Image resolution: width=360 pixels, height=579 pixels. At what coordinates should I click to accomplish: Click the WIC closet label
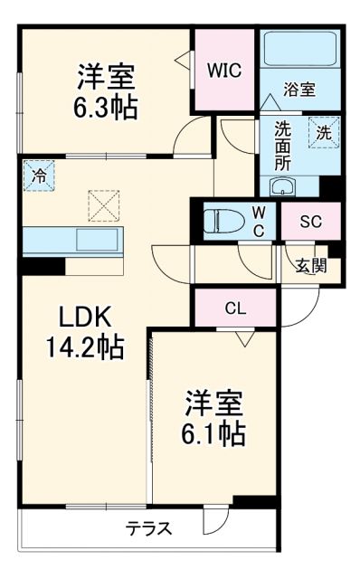(223, 70)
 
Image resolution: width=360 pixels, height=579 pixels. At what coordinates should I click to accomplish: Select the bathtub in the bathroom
(299, 52)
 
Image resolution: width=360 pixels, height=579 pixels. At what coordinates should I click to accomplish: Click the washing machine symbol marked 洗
(322, 132)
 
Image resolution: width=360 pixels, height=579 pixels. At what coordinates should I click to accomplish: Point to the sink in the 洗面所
(283, 188)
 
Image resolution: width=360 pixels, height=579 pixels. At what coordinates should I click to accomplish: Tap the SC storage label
(308, 219)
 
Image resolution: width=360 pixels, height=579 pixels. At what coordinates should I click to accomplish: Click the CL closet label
(234, 308)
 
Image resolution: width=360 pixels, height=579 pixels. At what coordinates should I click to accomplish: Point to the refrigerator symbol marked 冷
(38, 175)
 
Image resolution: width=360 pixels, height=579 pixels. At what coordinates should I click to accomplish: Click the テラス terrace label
(148, 527)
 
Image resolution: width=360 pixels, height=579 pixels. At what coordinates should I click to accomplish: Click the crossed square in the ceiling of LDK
(101, 204)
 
